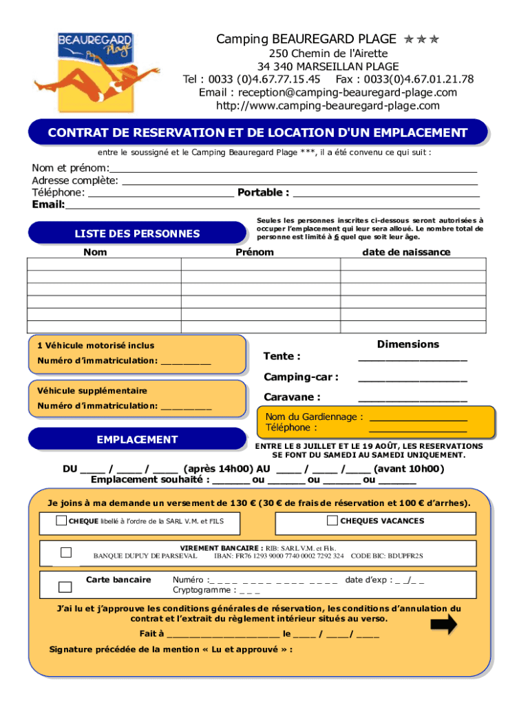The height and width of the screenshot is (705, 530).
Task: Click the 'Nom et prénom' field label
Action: pyautogui.click(x=70, y=169)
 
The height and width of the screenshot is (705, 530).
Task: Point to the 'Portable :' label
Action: pyautogui.click(x=263, y=193)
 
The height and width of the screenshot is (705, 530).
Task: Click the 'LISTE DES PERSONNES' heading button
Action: pyautogui.click(x=137, y=233)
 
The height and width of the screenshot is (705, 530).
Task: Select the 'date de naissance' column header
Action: pyautogui.click(x=406, y=252)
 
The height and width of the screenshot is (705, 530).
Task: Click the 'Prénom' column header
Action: pyautogui.click(x=254, y=252)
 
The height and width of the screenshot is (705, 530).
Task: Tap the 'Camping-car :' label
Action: pyautogui.click(x=301, y=377)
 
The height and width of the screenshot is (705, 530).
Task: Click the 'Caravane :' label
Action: pyautogui.click(x=292, y=397)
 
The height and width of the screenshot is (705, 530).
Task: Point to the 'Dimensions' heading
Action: pyautogui.click(x=407, y=344)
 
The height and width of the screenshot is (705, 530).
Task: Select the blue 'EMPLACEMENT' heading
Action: pyautogui.click(x=137, y=439)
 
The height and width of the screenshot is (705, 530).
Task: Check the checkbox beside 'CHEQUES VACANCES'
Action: pyautogui.click(x=332, y=521)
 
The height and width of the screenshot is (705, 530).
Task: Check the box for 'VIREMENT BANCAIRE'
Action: pyautogui.click(x=66, y=552)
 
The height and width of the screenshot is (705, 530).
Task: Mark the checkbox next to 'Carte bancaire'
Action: pyautogui.click(x=65, y=587)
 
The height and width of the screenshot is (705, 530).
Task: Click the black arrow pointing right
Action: pyautogui.click(x=443, y=624)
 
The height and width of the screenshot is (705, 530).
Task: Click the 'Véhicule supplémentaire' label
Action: pyautogui.click(x=92, y=390)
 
